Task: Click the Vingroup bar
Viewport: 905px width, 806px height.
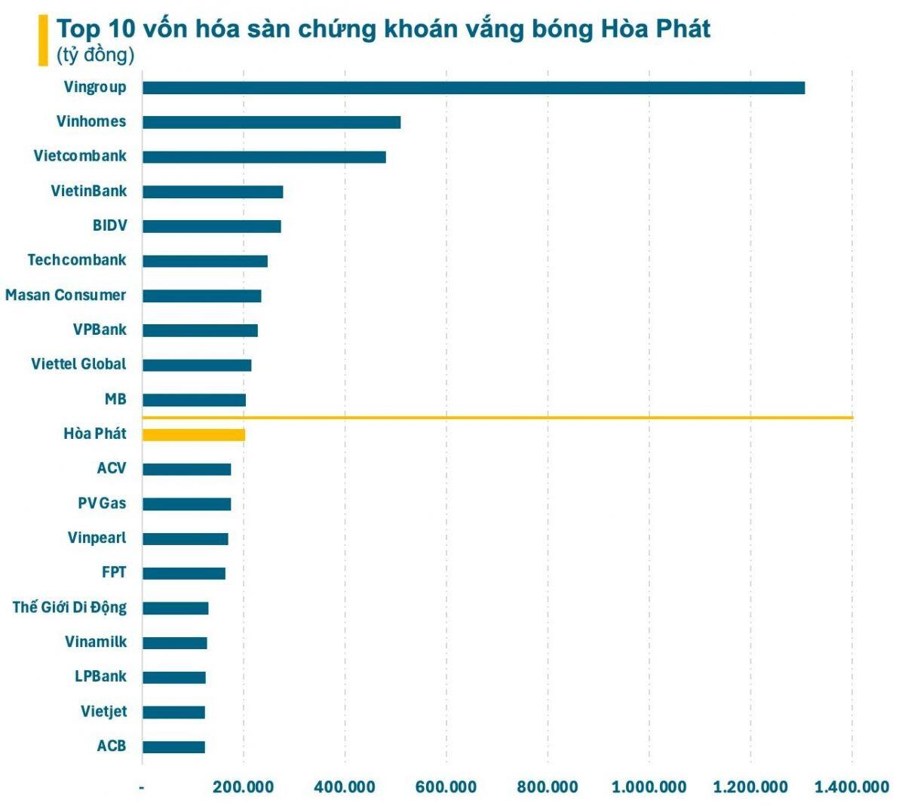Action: (474, 87)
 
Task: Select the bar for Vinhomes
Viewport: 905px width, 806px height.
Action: (271, 122)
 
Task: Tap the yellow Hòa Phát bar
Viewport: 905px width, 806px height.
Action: (194, 434)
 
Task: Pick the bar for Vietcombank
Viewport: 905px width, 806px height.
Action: (264, 157)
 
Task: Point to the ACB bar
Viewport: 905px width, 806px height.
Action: (173, 746)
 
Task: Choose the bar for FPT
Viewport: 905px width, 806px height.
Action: (184, 573)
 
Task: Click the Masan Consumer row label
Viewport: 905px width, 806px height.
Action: (66, 295)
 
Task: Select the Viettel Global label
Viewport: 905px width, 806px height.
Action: (78, 364)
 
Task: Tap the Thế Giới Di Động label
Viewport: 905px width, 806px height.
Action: (69, 608)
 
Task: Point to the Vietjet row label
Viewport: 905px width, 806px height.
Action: (103, 712)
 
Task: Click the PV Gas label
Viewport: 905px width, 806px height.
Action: (102, 503)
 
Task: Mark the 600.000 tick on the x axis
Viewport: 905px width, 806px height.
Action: (446, 787)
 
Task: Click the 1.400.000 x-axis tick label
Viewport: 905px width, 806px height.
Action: (851, 787)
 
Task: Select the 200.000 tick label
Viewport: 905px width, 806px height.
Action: (243, 787)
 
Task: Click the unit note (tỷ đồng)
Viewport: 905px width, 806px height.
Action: (95, 55)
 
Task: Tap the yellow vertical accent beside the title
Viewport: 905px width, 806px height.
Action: (43, 41)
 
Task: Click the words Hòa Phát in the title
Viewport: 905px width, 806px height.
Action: (655, 29)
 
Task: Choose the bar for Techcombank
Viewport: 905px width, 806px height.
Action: (205, 261)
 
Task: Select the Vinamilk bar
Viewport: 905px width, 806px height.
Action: (175, 642)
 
